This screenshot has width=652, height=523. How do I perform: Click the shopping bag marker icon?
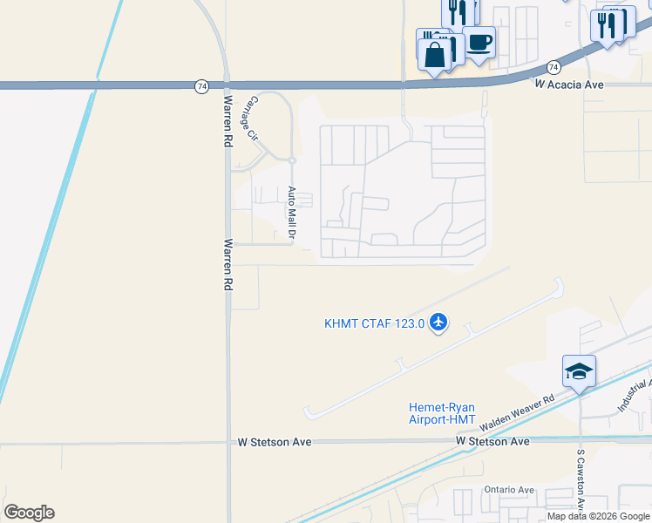(434, 55)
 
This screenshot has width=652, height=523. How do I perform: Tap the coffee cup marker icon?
(479, 41)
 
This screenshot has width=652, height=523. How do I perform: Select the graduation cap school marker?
(579, 371)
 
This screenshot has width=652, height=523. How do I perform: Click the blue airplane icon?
(438, 323)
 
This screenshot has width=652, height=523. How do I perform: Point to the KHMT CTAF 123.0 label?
(374, 323)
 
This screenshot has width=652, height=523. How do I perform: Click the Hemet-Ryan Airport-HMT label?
(443, 413)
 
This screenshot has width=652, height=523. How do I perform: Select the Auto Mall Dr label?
(294, 213)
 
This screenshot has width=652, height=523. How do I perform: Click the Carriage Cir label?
(250, 119)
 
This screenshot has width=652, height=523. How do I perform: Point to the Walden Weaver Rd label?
(518, 411)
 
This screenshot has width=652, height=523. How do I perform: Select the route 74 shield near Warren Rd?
(201, 85)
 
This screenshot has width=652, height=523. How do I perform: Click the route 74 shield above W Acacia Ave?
(554, 67)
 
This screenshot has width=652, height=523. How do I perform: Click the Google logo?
(29, 513)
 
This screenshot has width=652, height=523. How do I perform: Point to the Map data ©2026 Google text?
(598, 516)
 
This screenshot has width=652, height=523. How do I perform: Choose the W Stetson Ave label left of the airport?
(275, 442)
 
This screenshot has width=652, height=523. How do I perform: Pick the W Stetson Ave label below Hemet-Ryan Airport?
(492, 442)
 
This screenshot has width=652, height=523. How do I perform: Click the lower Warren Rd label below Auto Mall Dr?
(228, 265)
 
